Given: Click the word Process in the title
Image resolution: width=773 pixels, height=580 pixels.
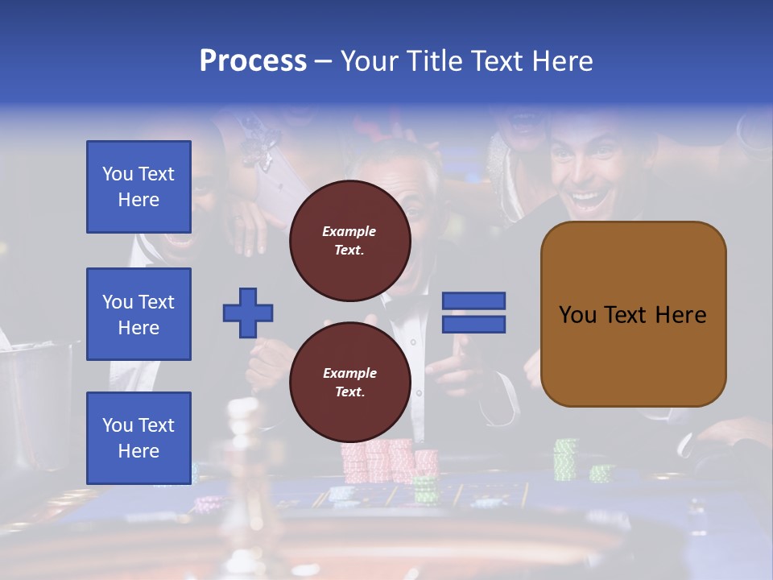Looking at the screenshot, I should point(253,61).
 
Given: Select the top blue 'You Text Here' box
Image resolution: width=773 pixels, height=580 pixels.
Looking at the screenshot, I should point(138,187).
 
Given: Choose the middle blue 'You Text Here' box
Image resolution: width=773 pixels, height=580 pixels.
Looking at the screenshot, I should point(138,314).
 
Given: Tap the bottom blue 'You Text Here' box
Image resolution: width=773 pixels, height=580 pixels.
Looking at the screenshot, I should point(138,438).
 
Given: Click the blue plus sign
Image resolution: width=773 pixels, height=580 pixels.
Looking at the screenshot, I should point(248,313).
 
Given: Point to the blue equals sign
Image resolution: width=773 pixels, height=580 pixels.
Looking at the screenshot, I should point(473,313).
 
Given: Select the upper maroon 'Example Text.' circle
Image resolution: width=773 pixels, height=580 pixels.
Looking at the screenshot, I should point(349,241).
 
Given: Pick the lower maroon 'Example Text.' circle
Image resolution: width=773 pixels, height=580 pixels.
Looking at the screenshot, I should point(349,383).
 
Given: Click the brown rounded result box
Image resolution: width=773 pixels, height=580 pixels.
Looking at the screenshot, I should point(633,314).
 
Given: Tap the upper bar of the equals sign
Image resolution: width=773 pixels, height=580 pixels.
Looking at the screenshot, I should point(473,301).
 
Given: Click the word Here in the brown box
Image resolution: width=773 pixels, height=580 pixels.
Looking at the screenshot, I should point(680,315).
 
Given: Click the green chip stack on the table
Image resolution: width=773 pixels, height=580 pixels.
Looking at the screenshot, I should point(566,459).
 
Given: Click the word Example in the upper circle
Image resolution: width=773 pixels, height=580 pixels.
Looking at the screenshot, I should point(349,232).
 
